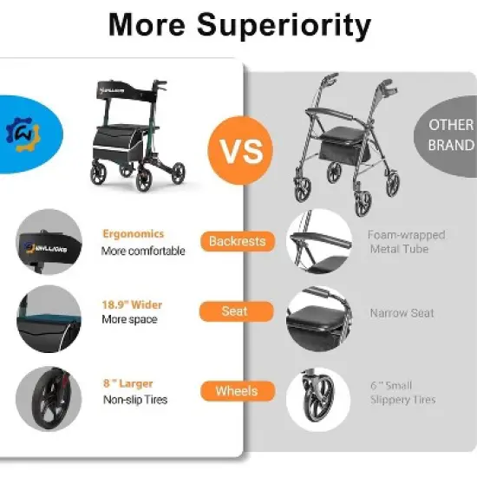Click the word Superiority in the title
pos(284,26)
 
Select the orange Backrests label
pos(236,241)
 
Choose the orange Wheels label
pos(236,391)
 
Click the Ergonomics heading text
pos(133,234)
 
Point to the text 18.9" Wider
pos(132,305)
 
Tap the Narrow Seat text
pos(402,313)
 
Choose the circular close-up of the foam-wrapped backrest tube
pos(318,240)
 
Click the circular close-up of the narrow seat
pos(318,318)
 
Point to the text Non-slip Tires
pos(134,400)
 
